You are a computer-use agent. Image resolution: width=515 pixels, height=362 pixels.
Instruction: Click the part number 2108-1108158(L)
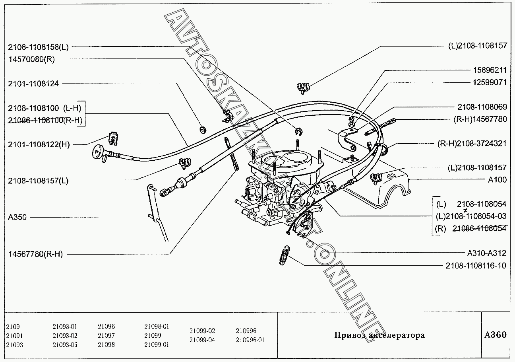tap(38, 47)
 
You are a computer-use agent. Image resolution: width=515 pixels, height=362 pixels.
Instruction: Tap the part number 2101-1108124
tap(33, 84)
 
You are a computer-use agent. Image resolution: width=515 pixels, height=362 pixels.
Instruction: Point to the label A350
tap(17, 218)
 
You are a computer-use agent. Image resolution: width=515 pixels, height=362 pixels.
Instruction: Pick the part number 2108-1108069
tap(482, 107)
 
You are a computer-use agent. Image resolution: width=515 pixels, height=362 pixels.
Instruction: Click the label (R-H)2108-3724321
tap(472, 143)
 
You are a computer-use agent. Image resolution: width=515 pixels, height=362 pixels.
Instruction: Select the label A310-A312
tap(486, 253)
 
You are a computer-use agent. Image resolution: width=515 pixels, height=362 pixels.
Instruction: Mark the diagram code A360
tap(496, 335)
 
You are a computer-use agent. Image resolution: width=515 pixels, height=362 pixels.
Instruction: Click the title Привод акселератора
tap(379, 335)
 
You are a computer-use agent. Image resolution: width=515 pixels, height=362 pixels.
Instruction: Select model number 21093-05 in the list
tap(65, 344)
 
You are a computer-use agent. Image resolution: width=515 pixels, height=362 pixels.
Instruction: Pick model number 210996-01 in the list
tap(250, 340)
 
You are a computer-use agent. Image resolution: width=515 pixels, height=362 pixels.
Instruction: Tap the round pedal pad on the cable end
tap(97, 151)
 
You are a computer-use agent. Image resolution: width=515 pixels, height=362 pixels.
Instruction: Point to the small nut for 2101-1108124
tap(202, 129)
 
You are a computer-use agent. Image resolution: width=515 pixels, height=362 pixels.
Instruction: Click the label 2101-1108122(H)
tap(39, 144)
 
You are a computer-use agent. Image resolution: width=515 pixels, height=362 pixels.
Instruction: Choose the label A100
tap(497, 179)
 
